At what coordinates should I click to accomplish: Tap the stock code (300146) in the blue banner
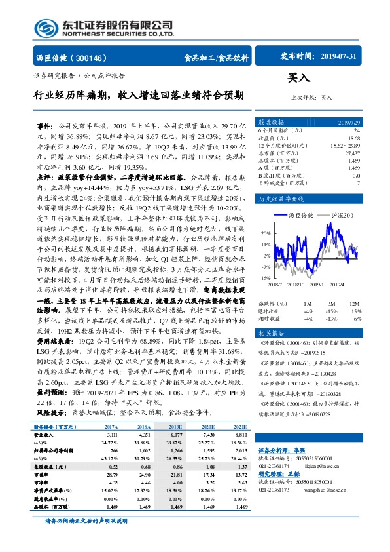[96, 57]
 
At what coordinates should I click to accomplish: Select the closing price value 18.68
[354, 138]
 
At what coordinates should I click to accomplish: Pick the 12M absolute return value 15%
[355, 311]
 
